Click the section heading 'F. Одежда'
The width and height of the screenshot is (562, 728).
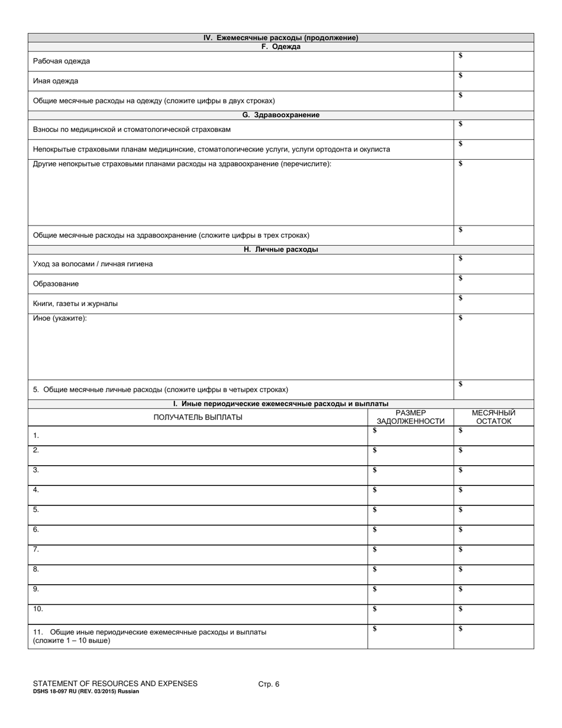280,47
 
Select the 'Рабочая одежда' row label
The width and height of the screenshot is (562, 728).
62,62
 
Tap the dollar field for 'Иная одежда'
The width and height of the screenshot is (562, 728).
493,81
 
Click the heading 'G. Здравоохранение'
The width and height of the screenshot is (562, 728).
280,115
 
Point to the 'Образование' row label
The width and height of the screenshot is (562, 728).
56,284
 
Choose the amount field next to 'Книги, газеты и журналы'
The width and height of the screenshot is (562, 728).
493,304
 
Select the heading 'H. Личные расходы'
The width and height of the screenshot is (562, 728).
280,250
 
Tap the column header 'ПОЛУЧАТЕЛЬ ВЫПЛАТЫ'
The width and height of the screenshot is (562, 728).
198,417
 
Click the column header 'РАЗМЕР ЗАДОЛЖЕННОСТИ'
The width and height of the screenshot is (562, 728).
411,417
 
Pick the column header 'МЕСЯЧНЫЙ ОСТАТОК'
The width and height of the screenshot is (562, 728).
493,417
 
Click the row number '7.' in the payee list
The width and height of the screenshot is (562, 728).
36,550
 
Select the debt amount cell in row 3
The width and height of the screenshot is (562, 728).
411,475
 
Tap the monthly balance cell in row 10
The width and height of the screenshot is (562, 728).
493,614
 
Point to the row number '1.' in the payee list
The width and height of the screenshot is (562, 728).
36,436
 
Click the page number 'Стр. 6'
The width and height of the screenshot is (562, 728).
269,684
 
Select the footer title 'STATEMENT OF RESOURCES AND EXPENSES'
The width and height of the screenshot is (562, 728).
115,684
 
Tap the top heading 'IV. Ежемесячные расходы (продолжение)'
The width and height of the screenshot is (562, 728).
280,38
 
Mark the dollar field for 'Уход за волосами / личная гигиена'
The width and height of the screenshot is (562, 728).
493,264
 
